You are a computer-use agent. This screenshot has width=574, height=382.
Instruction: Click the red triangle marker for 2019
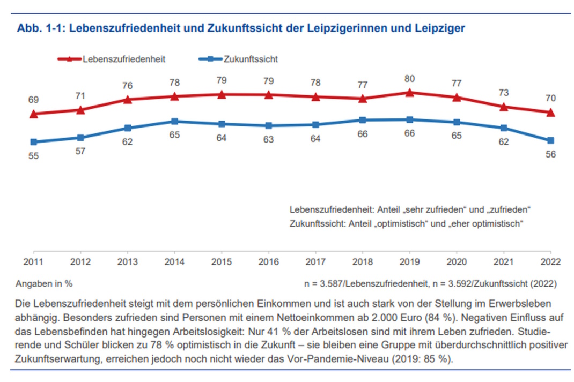pyautogui.click(x=409, y=93)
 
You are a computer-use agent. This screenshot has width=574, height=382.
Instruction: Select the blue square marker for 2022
pyautogui.click(x=550, y=140)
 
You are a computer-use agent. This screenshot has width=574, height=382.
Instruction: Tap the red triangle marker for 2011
pyautogui.click(x=33, y=114)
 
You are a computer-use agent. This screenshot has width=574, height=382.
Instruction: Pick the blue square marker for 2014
pyautogui.click(x=174, y=122)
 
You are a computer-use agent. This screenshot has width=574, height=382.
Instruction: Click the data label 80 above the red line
pyautogui.click(x=409, y=79)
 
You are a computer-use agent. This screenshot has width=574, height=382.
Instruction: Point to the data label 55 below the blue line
pyautogui.click(x=33, y=156)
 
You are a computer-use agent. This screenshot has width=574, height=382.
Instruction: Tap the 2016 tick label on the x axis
pyautogui.click(x=268, y=263)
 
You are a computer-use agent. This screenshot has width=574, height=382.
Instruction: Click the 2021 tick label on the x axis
pyautogui.click(x=503, y=263)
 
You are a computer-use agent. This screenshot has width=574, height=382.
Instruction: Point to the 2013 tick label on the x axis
pyautogui.click(x=127, y=263)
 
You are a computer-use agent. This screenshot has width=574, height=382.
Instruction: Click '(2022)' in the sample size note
pyautogui.click(x=544, y=283)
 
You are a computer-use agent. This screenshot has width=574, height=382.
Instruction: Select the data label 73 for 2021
pyautogui.click(x=503, y=93)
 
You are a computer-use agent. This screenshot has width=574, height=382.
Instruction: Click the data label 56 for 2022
pyautogui.click(x=550, y=154)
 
